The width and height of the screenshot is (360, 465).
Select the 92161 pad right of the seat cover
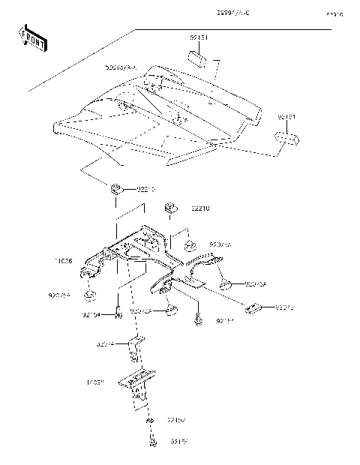286,139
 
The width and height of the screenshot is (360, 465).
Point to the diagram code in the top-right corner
334,13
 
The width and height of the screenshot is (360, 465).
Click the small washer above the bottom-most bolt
150,425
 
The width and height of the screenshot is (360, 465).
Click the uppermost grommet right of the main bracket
190,244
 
